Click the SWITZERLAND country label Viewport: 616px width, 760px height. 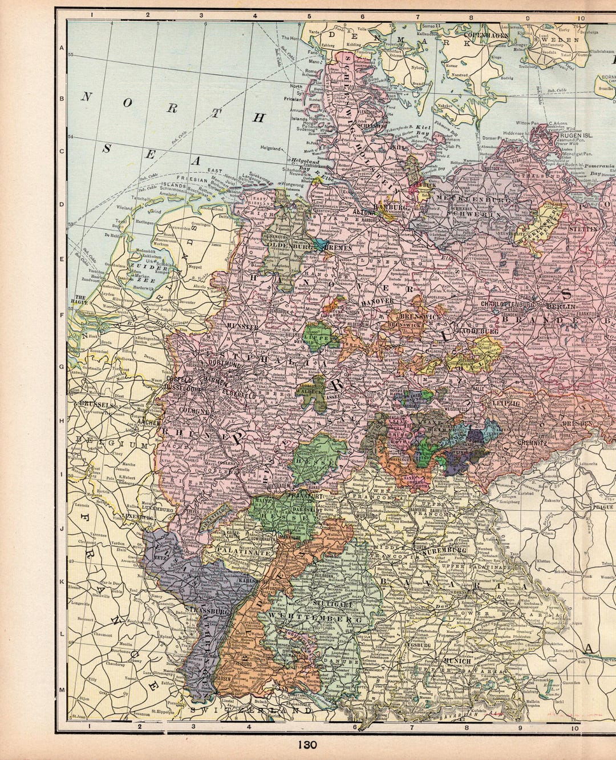(252, 711)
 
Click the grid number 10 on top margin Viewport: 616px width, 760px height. (580, 17)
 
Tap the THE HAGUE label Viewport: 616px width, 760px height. (78, 300)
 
